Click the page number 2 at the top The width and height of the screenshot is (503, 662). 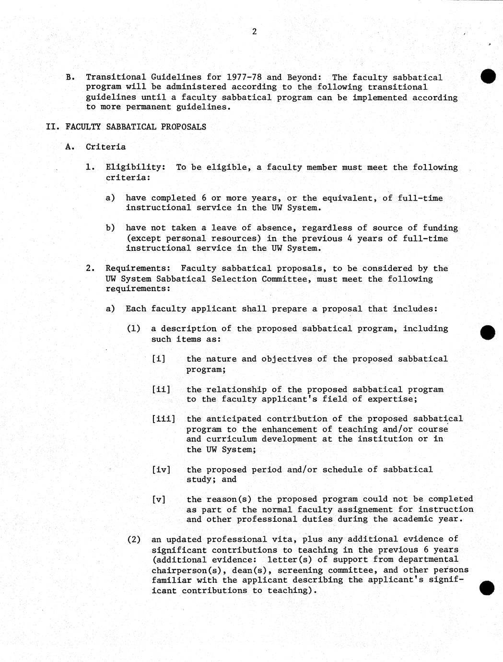click(254, 32)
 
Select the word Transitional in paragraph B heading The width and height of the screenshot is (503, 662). click(116, 77)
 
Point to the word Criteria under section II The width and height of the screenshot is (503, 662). click(105, 147)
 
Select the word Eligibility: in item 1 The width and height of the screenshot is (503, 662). click(136, 167)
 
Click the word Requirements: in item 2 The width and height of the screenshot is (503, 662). click(138, 269)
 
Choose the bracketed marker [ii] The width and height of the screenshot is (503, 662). click(161, 390)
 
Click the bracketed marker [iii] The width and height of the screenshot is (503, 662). click(164, 419)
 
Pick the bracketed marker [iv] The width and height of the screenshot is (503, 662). click(161, 470)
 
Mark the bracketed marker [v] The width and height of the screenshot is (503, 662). click(159, 499)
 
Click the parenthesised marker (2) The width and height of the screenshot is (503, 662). click(134, 539)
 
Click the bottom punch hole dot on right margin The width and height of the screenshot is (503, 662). click(487, 588)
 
